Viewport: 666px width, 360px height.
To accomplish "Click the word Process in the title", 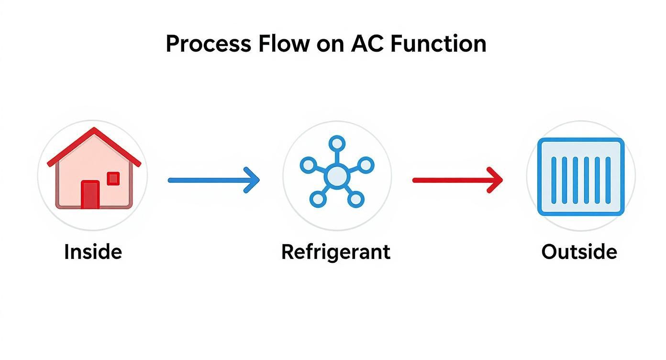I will pyautogui.click(x=208, y=44).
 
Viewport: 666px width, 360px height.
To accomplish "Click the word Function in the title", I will pyautogui.click(x=438, y=44).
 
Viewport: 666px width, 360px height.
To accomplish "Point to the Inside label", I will pyautogui.click(x=93, y=252).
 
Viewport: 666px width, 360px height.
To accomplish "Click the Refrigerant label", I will pyautogui.click(x=335, y=252).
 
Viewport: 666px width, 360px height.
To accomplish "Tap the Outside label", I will pyautogui.click(x=579, y=252).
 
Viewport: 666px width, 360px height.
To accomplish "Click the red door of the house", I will pyautogui.click(x=90, y=195).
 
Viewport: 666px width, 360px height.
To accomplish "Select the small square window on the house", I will pyautogui.click(x=113, y=179).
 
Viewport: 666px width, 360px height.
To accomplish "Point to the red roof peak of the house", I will pyautogui.click(x=94, y=130).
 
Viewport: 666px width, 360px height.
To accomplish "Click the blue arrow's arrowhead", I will pyautogui.click(x=253, y=180).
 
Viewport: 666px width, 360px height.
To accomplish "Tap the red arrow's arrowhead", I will pyautogui.click(x=496, y=180).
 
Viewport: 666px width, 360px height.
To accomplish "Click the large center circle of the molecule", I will pyautogui.click(x=337, y=177).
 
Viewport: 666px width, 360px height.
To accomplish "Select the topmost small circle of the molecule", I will pyautogui.click(x=337, y=143).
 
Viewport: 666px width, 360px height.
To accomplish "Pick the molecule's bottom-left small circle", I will pyautogui.click(x=317, y=199).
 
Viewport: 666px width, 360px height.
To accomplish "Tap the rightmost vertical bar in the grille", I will pyautogui.click(x=608, y=177).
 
